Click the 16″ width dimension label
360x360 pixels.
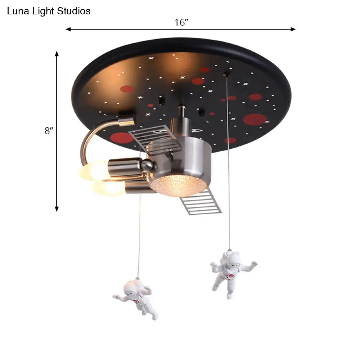point(181,22)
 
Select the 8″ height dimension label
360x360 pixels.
point(49,131)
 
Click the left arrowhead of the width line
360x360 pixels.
point(68,29)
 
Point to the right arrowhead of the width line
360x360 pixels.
point(293,29)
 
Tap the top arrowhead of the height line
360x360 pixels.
point(57,54)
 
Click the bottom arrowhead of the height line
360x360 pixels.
point(57,209)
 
